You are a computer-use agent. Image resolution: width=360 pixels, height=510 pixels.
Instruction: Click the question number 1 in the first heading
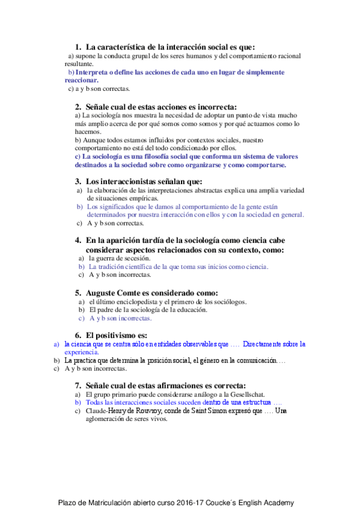point(78,47)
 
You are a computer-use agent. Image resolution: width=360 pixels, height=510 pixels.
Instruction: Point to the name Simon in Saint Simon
point(209,411)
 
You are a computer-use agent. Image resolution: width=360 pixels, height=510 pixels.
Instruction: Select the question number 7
point(78,385)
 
